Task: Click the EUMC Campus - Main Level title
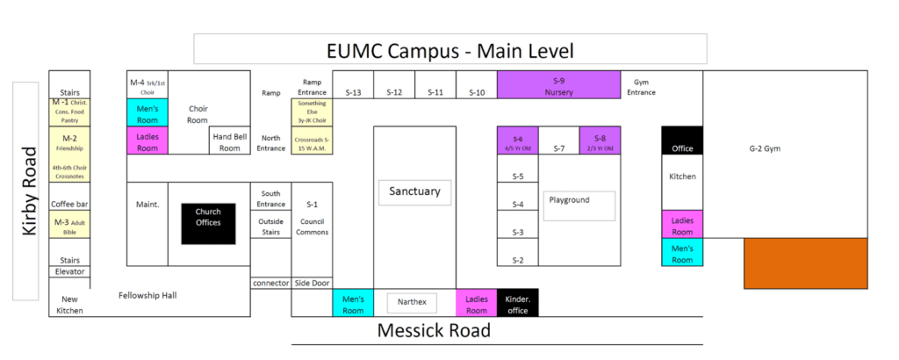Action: tap(449, 49)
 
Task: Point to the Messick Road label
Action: tap(434, 331)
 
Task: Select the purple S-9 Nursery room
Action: tap(558, 85)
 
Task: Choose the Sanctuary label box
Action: tap(414, 192)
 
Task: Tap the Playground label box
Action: tap(578, 205)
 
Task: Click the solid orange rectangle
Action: tap(806, 262)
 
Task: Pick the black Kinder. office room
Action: tap(518, 303)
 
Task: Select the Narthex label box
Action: tap(412, 303)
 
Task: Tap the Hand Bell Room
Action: tap(230, 141)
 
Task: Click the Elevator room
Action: tap(69, 271)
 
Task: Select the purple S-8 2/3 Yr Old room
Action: tap(600, 141)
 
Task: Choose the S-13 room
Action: tap(353, 91)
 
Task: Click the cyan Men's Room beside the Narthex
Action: tap(353, 303)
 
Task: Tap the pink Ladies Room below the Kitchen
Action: tap(682, 225)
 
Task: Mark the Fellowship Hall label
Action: tap(147, 295)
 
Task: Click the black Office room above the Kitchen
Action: tap(682, 141)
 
